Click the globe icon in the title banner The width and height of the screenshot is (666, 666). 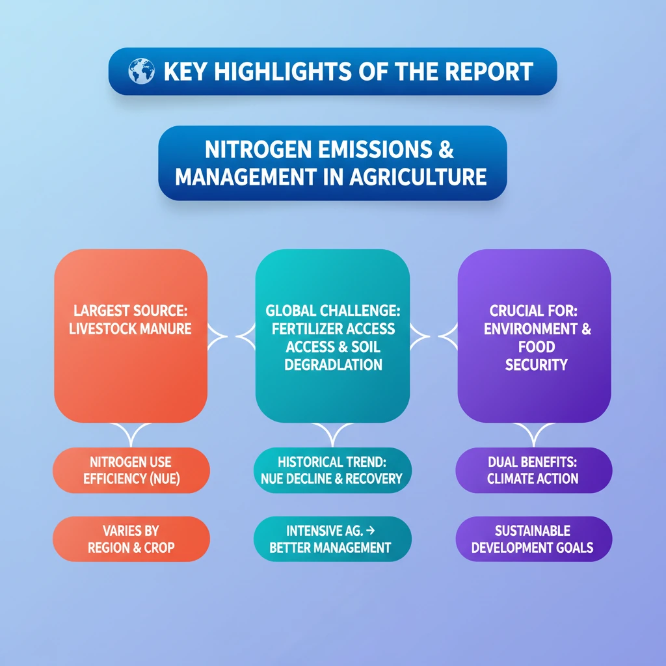coord(141,71)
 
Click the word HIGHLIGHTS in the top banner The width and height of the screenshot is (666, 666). coord(283,72)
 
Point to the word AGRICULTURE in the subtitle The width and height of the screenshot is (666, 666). coord(418,177)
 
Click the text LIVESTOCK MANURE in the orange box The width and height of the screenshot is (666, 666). coord(130,328)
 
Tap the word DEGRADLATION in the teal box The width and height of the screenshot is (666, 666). coord(333,364)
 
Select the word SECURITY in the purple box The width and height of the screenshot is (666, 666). coord(536,364)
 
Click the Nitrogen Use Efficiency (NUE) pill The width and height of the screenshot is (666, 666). coord(131,470)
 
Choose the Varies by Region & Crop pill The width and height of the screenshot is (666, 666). coord(131,539)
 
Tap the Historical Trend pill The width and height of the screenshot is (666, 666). coord(332,470)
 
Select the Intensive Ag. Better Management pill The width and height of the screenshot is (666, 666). coord(332,539)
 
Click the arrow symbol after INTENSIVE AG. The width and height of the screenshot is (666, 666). coord(370,531)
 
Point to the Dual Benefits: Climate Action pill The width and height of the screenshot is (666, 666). coord(534,470)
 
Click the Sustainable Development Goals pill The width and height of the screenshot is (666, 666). coord(534,539)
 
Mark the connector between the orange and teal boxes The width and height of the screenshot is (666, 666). coord(232,336)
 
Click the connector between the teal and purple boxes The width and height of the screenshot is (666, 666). coord(434,336)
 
